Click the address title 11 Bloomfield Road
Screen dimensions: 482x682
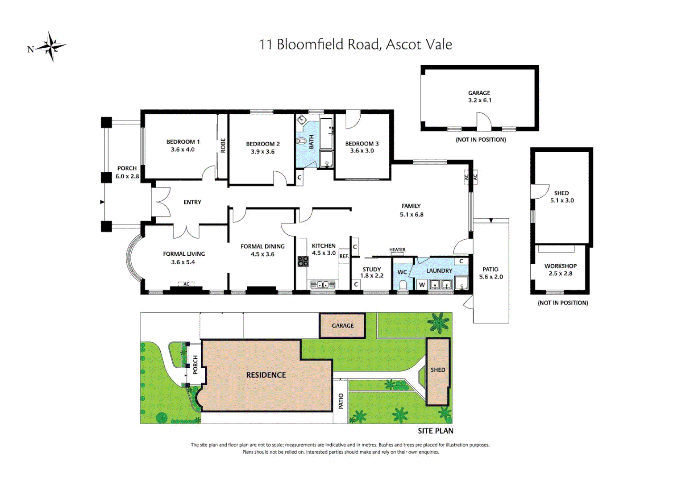(355, 44)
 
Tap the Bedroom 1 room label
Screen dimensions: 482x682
(183, 142)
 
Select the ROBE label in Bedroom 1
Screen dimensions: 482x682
(223, 145)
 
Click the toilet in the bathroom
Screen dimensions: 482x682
(301, 141)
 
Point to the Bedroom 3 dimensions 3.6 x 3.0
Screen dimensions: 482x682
(362, 151)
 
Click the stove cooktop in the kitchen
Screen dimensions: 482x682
(303, 261)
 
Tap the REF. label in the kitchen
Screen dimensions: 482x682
(344, 256)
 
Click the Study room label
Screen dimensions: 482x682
(372, 270)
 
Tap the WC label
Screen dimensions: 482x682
(402, 272)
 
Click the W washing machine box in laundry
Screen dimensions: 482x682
(422, 285)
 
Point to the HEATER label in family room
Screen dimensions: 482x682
(397, 250)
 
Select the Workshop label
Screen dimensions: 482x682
(560, 266)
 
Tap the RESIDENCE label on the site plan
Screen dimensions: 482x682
(266, 375)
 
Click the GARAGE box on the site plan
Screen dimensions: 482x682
(342, 326)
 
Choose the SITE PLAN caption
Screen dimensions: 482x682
(435, 431)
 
